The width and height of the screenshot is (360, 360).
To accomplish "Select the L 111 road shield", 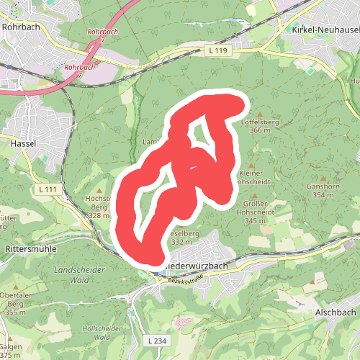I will coord(48,189).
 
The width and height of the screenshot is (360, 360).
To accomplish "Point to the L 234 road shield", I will coord(155,340).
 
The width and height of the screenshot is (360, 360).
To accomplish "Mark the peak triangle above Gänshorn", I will coord(323,177).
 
